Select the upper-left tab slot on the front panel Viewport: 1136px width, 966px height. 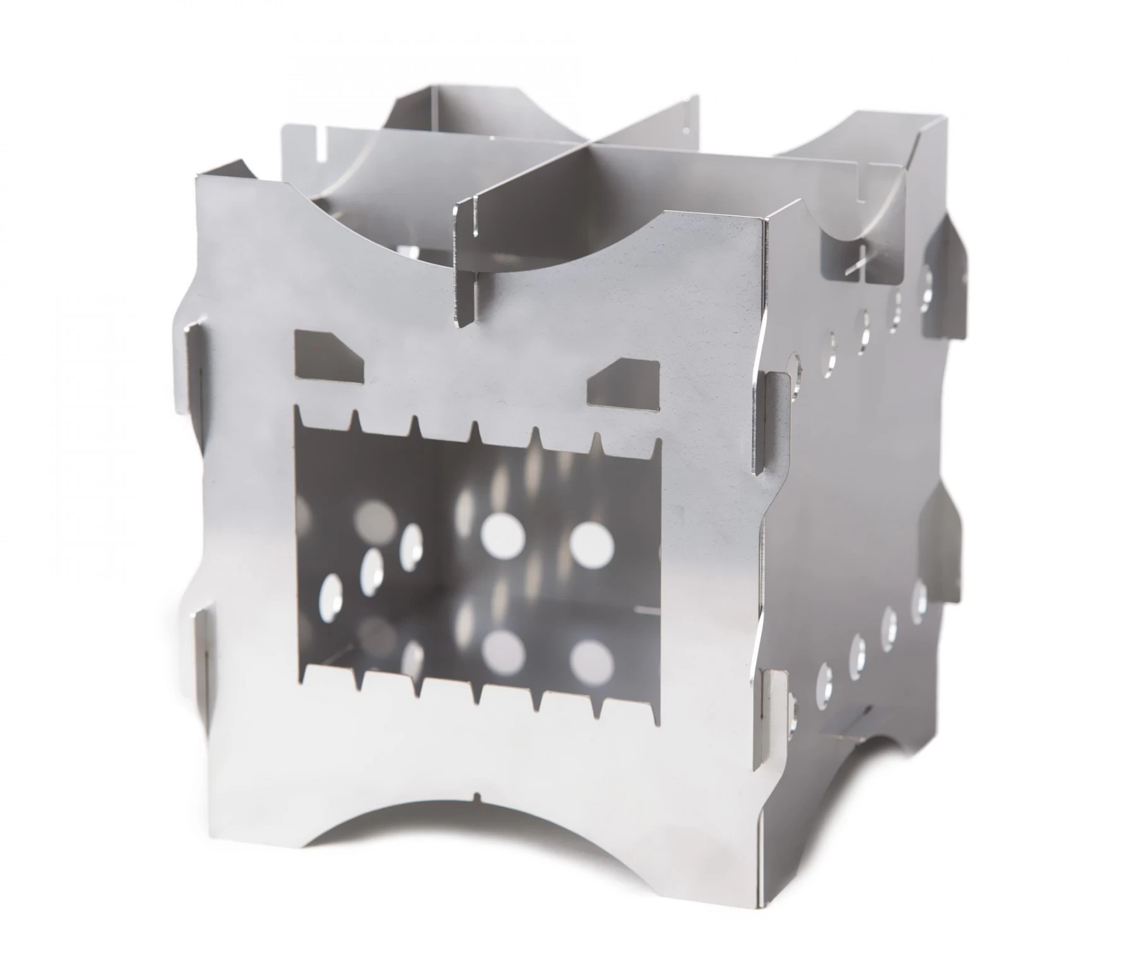pos(191,357)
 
